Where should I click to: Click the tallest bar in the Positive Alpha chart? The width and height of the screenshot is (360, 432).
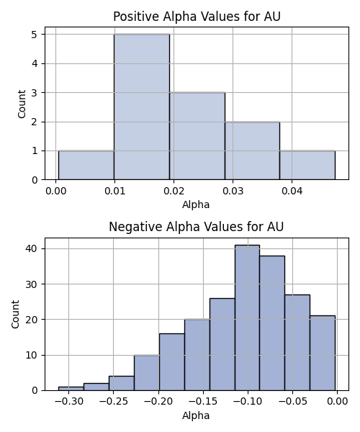point(142,107)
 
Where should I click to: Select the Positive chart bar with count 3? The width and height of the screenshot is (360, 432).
point(197,136)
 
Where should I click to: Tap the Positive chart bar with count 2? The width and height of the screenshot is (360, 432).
point(252,150)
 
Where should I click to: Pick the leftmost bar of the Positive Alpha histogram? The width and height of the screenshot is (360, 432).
point(86,166)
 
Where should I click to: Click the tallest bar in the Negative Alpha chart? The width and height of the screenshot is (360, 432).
point(247,318)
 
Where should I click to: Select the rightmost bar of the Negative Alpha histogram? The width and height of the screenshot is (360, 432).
point(323,353)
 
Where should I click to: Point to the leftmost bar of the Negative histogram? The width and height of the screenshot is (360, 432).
point(71,389)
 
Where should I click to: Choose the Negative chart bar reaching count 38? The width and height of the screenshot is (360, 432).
point(272,323)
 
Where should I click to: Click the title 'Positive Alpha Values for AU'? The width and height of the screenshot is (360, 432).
point(197,17)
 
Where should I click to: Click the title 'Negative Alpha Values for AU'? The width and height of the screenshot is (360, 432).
point(196,227)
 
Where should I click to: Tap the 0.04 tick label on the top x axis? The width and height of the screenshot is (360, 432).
point(292,191)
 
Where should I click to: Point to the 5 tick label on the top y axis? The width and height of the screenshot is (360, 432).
point(35,35)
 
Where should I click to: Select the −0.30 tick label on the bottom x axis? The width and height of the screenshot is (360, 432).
point(69,401)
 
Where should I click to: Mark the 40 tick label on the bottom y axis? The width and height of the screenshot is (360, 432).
point(31,249)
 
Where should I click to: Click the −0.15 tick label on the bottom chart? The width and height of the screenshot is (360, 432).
point(204,401)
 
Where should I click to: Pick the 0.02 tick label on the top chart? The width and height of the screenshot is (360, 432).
point(174,191)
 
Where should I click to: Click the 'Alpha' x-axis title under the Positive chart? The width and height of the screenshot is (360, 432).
point(196,204)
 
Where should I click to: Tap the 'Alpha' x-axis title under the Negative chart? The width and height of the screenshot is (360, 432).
point(196,415)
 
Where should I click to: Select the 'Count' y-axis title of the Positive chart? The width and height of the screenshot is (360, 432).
point(22,104)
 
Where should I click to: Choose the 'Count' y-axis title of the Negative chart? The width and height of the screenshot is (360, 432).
point(15,315)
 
